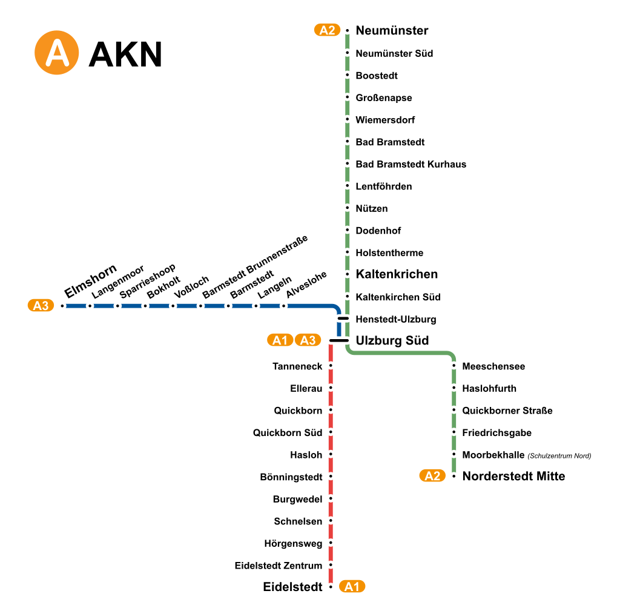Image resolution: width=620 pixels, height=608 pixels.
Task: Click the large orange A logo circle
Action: click(x=57, y=53)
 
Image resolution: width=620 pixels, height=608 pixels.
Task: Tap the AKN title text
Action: click(x=125, y=55)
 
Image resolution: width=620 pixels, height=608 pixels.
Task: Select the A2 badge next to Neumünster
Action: click(x=327, y=30)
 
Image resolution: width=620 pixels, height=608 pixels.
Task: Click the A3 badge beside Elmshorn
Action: click(x=41, y=306)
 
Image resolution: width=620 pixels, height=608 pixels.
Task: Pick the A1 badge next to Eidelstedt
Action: click(x=352, y=586)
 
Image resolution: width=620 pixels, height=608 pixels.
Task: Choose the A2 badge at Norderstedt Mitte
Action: click(x=432, y=476)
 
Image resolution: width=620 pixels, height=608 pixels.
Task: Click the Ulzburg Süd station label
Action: click(x=392, y=340)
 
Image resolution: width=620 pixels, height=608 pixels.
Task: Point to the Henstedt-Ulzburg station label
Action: click(x=395, y=319)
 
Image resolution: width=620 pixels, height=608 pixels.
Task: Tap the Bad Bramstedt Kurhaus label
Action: click(x=411, y=164)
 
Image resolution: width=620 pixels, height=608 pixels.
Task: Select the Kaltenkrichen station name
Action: click(x=397, y=274)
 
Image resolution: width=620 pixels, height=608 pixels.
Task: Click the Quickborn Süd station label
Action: click(x=288, y=433)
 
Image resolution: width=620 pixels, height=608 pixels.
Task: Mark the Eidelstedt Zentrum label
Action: click(x=279, y=566)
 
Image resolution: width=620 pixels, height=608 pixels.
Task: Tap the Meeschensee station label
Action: click(x=493, y=366)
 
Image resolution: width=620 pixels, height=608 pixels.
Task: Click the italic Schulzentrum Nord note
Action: click(x=559, y=456)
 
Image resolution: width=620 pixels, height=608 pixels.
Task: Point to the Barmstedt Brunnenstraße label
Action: click(x=255, y=266)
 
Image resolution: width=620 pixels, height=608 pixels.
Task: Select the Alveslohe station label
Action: click(x=306, y=283)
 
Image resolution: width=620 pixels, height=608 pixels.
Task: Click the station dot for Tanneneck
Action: click(x=331, y=366)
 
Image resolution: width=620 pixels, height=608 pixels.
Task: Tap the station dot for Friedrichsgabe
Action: click(x=453, y=433)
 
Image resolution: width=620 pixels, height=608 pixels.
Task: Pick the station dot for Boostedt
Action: click(x=348, y=76)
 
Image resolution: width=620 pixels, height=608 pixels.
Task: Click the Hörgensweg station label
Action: click(x=293, y=544)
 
